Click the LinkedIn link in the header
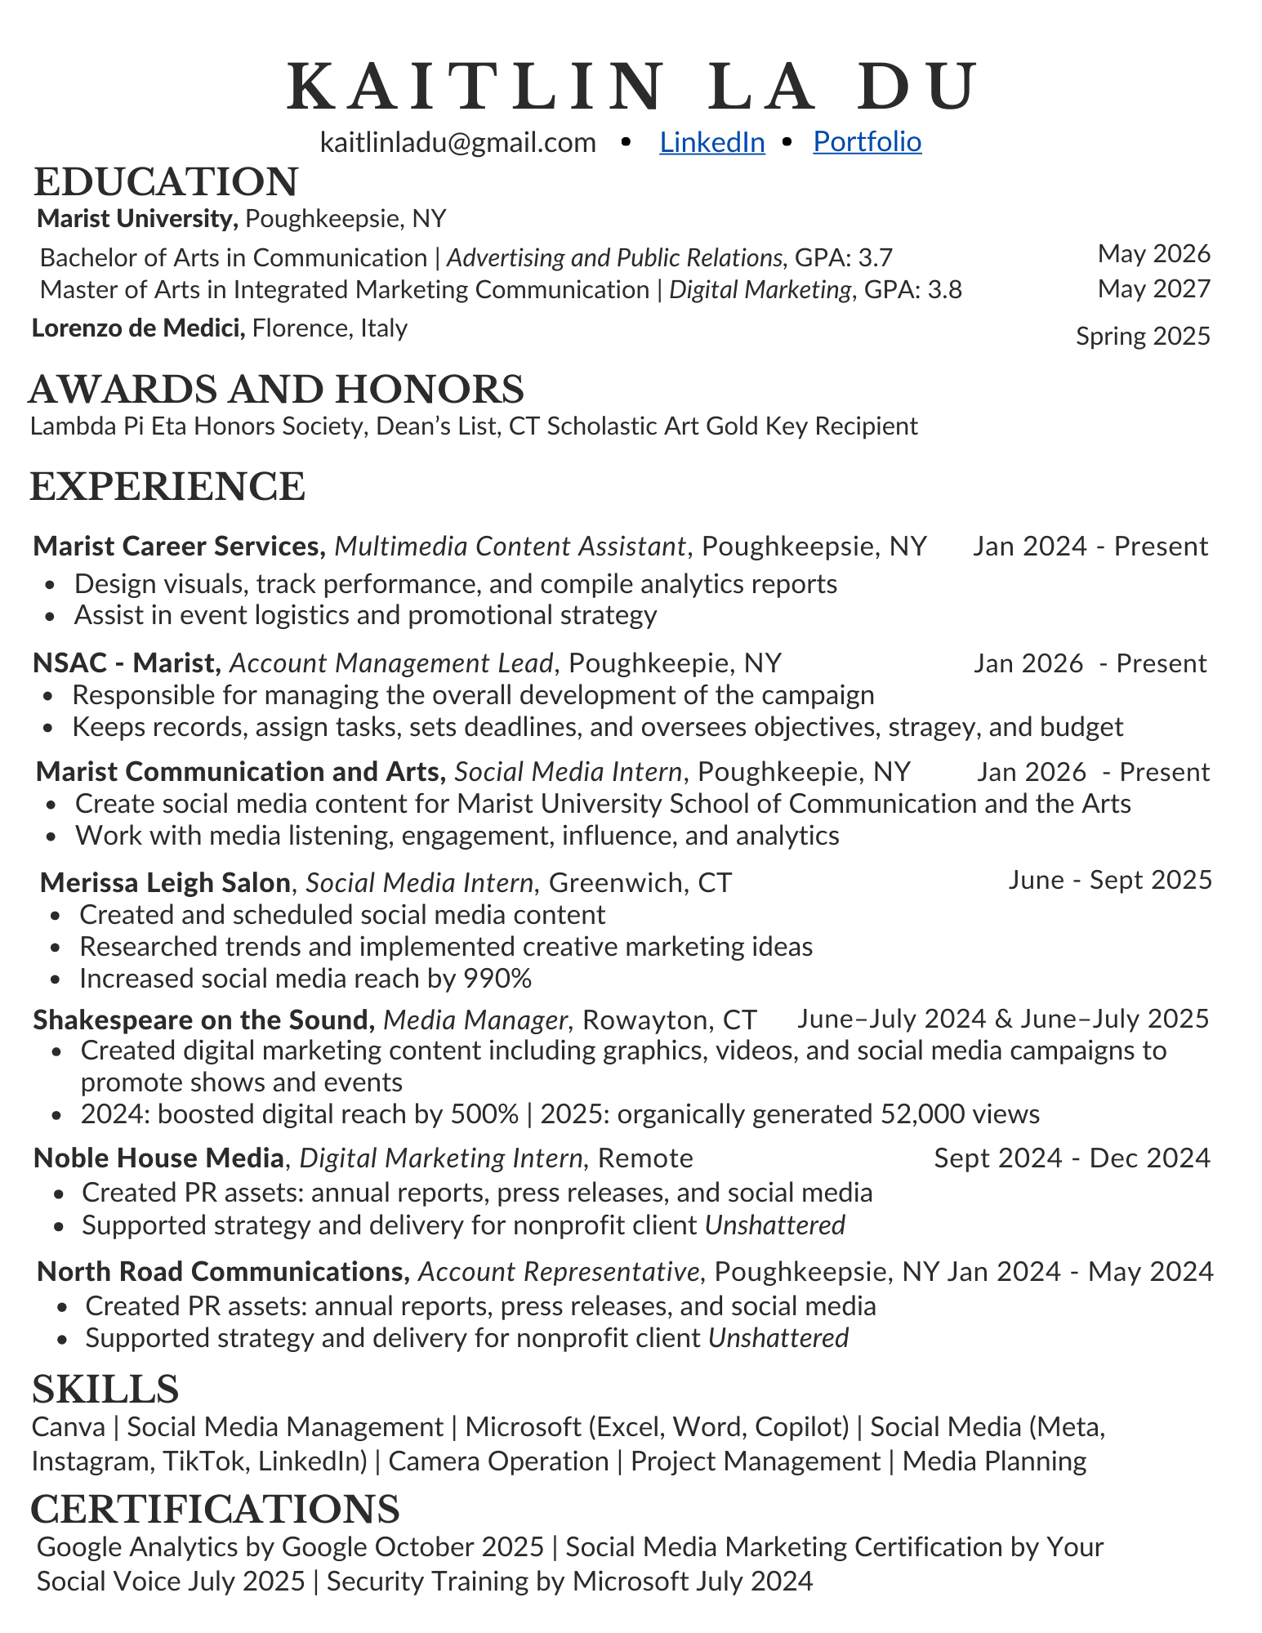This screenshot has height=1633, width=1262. pyautogui.click(x=711, y=142)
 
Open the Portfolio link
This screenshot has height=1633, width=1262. pyautogui.click(x=867, y=142)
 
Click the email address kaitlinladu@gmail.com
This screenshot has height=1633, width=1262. pyautogui.click(x=457, y=142)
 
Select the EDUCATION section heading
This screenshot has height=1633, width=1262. pyautogui.click(x=166, y=181)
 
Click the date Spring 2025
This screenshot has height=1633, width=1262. pyautogui.click(x=1142, y=336)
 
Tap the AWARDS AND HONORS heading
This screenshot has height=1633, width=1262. pyautogui.click(x=276, y=389)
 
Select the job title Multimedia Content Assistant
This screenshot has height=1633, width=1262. pyautogui.click(x=510, y=546)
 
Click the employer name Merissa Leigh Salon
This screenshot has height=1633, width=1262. pyautogui.click(x=165, y=882)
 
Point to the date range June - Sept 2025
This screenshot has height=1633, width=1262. pyautogui.click(x=1109, y=880)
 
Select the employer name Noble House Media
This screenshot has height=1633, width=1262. pyautogui.click(x=158, y=1158)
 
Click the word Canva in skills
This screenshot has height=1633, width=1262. pyautogui.click(x=69, y=1426)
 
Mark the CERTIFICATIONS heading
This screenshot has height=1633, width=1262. pyautogui.click(x=215, y=1508)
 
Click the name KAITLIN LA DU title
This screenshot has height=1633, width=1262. pyautogui.click(x=631, y=87)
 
